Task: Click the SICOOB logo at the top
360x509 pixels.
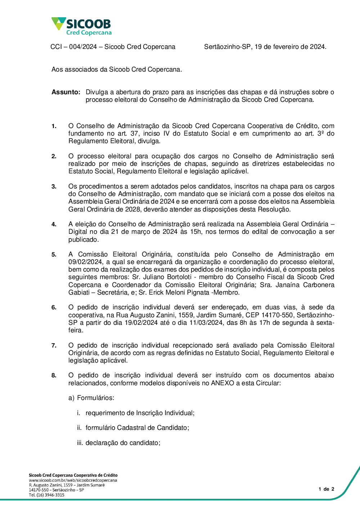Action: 82,26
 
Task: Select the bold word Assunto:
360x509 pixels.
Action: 66,92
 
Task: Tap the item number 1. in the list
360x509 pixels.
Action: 54,126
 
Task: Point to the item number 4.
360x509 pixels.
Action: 54,224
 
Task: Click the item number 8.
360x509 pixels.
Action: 54,376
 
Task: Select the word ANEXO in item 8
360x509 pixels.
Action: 222,383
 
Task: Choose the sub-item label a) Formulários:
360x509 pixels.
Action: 91,398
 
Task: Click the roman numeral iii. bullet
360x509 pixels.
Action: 80,443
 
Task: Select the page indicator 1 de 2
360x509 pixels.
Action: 326,489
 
